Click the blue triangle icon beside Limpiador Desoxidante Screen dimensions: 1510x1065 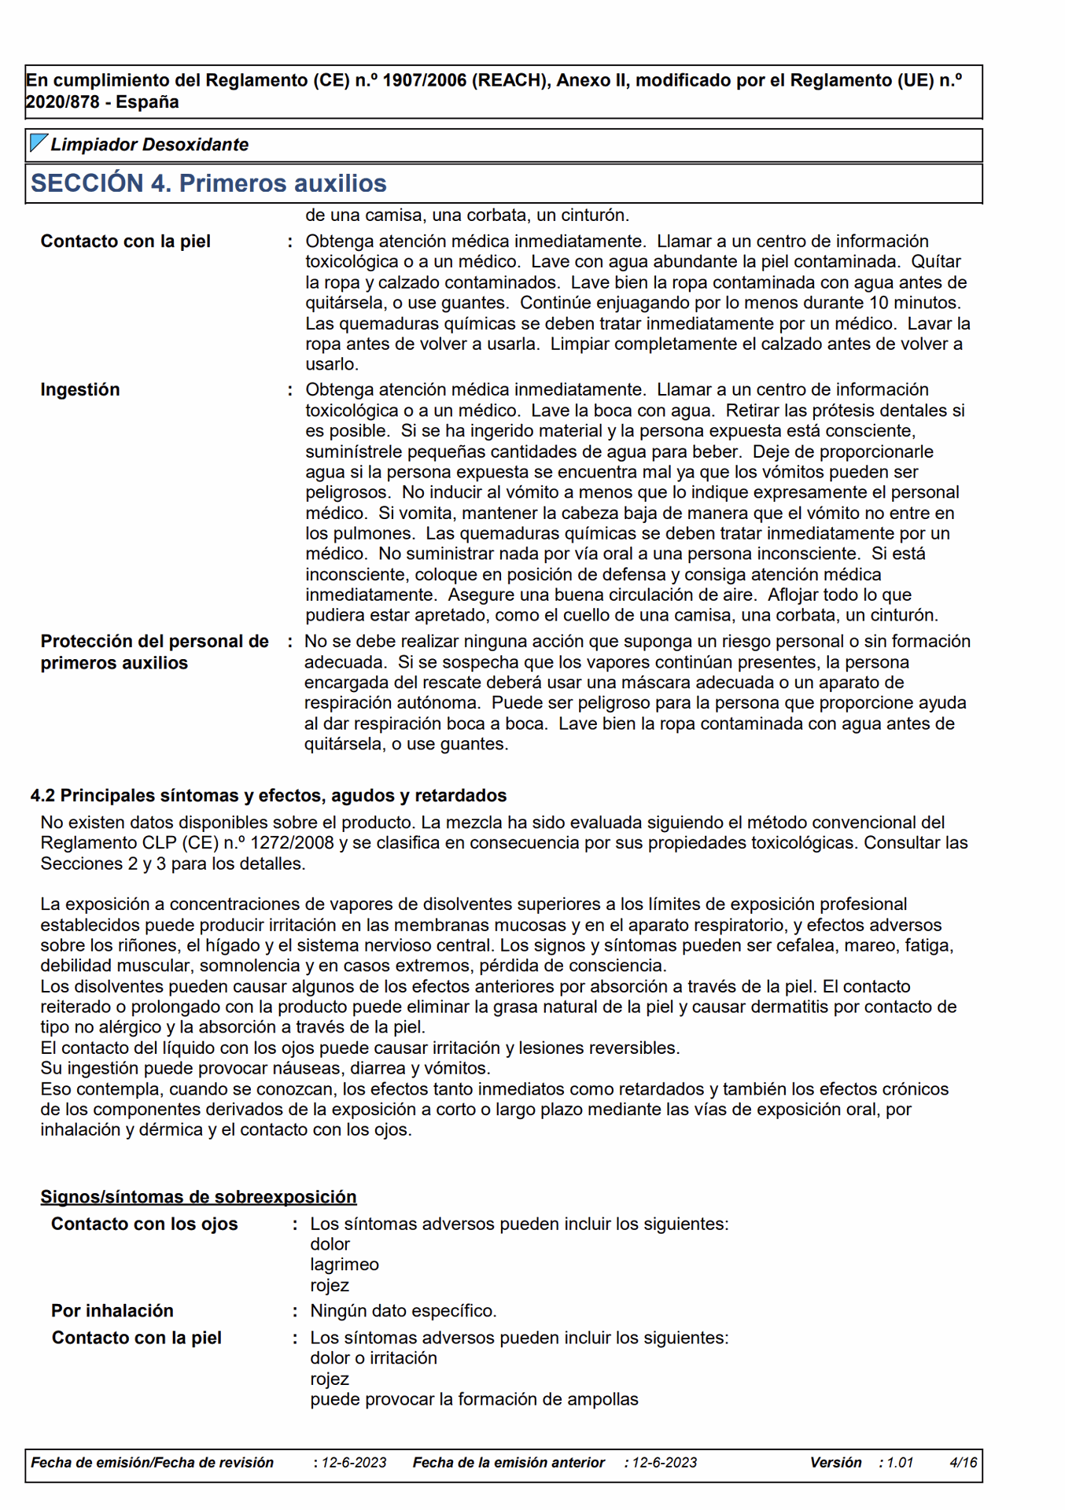tap(38, 143)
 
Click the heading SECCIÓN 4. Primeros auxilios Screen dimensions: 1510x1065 tap(208, 183)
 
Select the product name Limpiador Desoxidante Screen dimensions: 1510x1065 tap(149, 145)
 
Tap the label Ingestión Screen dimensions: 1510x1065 tap(80, 390)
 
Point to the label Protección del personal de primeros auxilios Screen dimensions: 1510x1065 tap(154, 652)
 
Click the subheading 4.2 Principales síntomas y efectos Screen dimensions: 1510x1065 tap(268, 795)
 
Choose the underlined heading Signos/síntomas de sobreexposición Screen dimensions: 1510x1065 tap(198, 1196)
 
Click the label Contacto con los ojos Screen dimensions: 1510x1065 tap(144, 1224)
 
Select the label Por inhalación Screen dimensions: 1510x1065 tap(112, 1310)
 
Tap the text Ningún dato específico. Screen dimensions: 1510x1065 tap(403, 1310)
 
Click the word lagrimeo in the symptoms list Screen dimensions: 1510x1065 tap(345, 1265)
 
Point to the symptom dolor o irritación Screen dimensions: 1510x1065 tap(373, 1358)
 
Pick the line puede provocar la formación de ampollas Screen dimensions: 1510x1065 tap(474, 1399)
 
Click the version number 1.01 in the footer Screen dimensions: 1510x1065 tap(900, 1463)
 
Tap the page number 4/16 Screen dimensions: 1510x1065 tap(963, 1463)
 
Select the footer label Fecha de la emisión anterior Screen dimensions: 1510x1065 tap(508, 1463)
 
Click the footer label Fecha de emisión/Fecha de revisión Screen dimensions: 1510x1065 tap(152, 1463)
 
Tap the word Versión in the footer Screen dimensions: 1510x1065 tap(835, 1463)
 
